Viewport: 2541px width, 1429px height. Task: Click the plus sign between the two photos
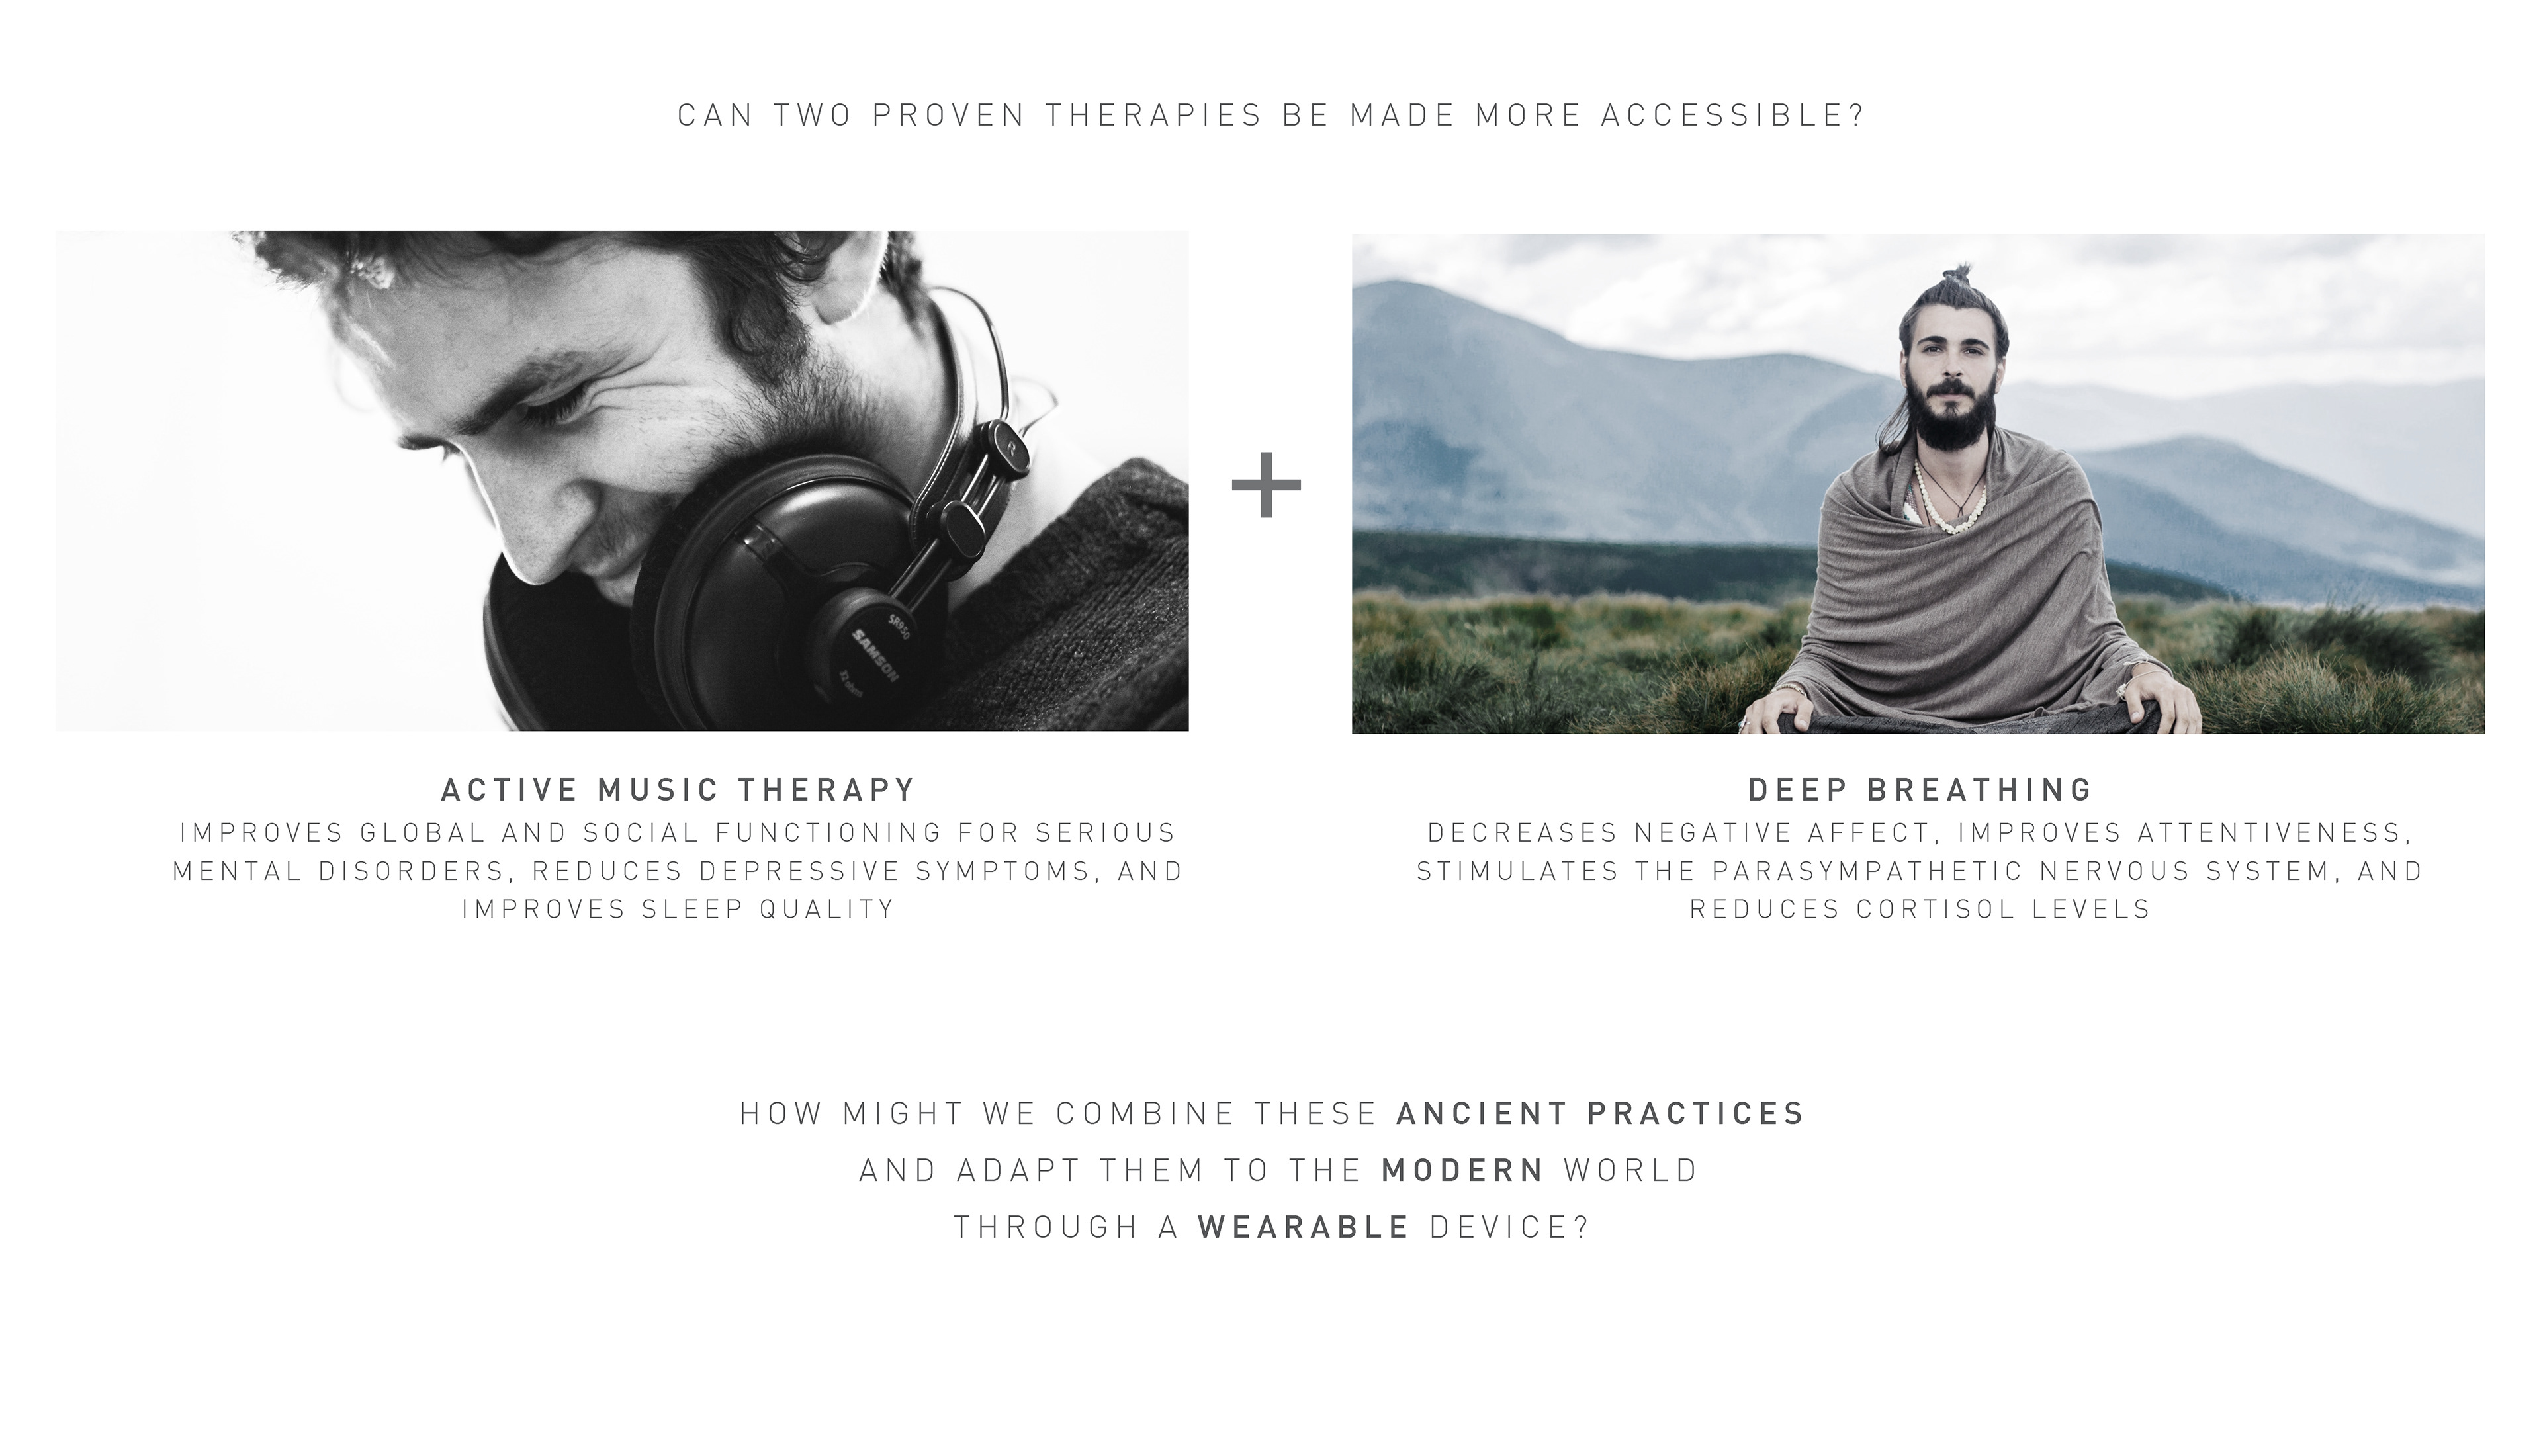click(1267, 484)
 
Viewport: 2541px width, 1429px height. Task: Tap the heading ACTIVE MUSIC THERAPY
click(679, 790)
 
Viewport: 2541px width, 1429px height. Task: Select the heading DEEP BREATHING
click(1920, 790)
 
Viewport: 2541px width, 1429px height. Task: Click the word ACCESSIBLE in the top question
click(1733, 115)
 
